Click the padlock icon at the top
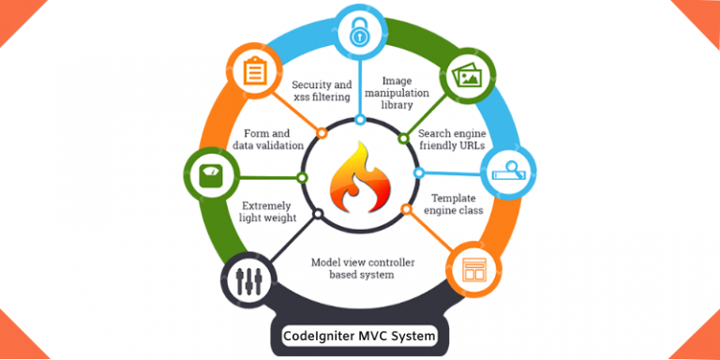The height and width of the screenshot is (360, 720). coord(360,35)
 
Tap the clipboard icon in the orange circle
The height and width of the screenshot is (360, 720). coord(253,71)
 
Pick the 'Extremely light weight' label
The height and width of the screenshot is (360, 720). coord(269,211)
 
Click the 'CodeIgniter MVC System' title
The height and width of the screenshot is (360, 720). coord(360,335)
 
